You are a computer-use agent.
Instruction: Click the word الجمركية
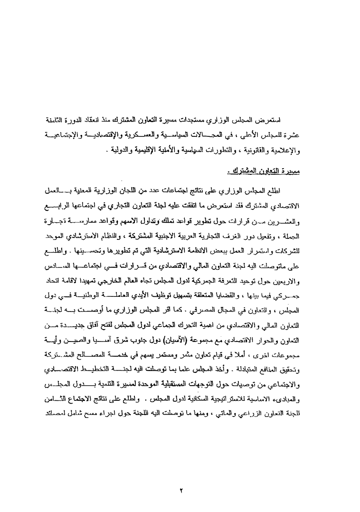(x=226, y=267)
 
